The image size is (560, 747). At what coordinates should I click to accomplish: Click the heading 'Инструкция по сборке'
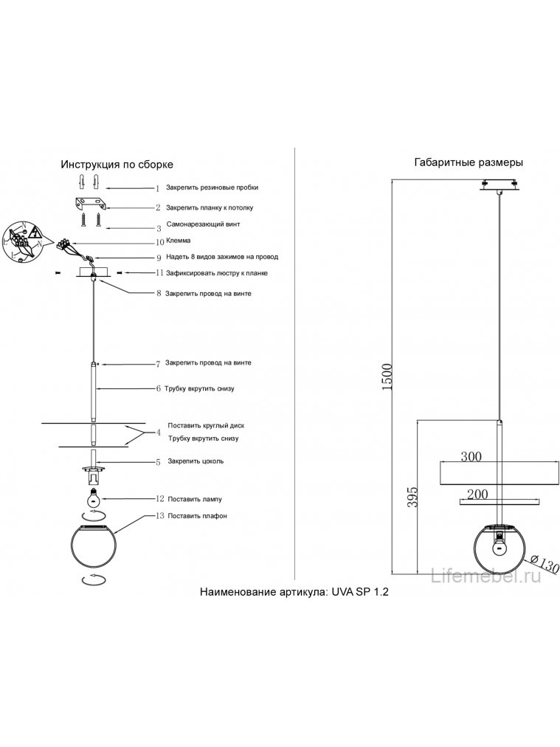117,165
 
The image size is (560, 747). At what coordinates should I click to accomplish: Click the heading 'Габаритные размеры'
469,162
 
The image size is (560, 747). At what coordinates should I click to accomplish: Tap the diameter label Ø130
545,565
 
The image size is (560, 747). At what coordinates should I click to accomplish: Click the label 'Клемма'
179,241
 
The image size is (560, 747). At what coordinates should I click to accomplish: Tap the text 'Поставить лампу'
195,499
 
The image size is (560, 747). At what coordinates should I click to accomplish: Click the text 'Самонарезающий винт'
204,224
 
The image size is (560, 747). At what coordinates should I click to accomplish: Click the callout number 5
158,462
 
